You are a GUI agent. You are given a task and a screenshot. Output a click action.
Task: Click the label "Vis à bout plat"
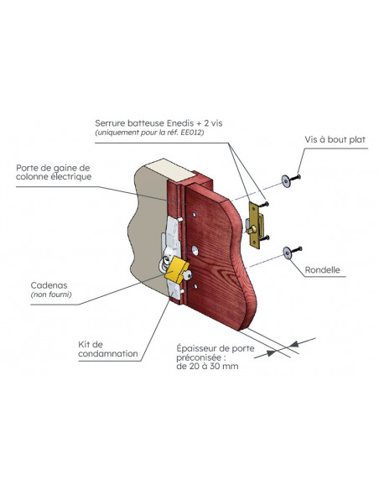tap(335, 139)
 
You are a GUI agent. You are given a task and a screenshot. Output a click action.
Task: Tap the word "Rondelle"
tap(322, 270)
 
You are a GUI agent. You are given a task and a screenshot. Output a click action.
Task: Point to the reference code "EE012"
tap(192, 133)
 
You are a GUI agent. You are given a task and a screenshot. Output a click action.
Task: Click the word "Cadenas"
tap(49, 285)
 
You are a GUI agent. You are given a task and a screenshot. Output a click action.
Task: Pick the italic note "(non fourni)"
tap(51, 295)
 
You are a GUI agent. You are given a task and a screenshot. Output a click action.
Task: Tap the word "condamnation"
tap(108, 354)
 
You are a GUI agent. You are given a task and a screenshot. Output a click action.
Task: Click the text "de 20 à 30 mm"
tap(207, 367)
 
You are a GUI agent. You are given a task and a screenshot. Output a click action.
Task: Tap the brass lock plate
tap(255, 225)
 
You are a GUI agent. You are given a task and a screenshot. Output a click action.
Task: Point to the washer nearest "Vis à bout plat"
tap(286, 181)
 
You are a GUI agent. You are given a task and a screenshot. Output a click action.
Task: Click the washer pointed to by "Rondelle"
tap(288, 253)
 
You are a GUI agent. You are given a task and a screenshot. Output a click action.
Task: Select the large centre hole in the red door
tap(195, 251)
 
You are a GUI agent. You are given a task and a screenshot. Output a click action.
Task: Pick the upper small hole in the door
tap(194, 215)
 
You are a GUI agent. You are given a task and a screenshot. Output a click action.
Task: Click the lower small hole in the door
tap(195, 287)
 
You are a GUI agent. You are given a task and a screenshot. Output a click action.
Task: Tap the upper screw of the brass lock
tap(265, 204)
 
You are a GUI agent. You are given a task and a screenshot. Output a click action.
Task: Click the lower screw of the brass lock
tap(265, 238)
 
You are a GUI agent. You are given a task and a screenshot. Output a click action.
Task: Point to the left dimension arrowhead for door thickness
tap(271, 352)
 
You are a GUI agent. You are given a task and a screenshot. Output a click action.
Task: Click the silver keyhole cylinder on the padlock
tap(188, 276)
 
